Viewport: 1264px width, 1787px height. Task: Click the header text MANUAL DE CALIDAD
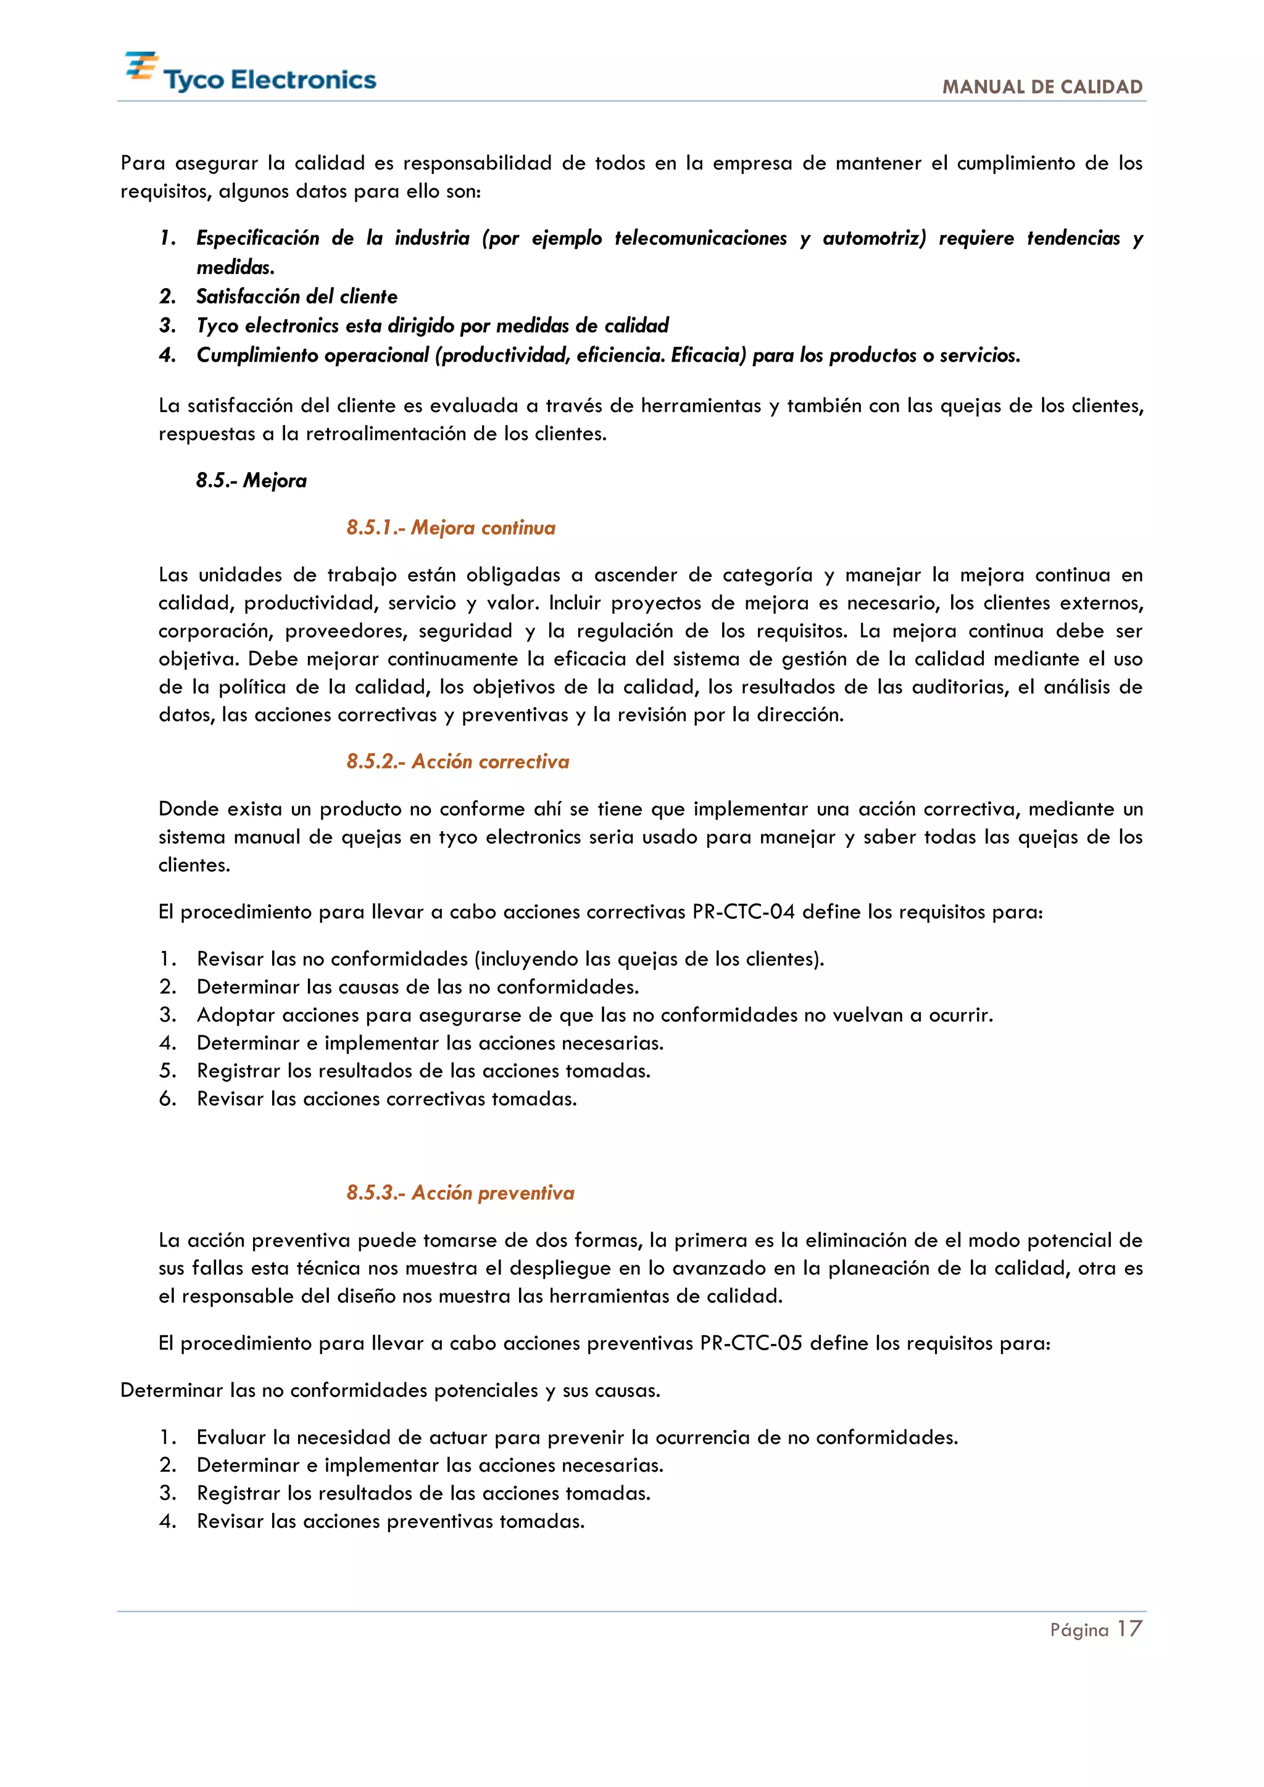(1042, 87)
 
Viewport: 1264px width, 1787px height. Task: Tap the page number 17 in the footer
(1129, 1629)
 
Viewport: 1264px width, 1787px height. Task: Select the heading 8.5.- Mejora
(251, 481)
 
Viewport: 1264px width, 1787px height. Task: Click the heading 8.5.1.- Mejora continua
(451, 528)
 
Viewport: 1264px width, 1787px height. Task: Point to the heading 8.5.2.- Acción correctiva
(458, 761)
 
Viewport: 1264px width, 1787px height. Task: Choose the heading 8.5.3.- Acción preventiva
(460, 1193)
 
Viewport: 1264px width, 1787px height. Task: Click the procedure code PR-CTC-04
(743, 911)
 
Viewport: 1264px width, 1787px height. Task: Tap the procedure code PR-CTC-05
(751, 1343)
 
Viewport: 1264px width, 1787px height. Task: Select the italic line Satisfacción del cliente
(296, 297)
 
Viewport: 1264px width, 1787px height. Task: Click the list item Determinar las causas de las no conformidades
(417, 987)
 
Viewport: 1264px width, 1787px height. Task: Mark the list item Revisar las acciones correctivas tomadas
(387, 1099)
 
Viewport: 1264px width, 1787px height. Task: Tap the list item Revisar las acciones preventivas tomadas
(390, 1522)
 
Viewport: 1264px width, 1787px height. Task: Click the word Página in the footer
(1079, 1630)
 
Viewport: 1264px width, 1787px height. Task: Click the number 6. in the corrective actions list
(167, 1099)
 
